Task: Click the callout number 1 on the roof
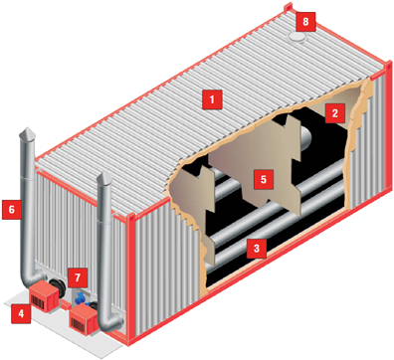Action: click(212, 98)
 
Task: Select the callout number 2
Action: click(335, 113)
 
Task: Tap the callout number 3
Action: click(257, 248)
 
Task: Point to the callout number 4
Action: click(21, 313)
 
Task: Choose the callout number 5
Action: click(264, 179)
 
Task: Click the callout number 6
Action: click(12, 210)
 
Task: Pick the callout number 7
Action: click(78, 277)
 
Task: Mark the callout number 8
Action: click(305, 22)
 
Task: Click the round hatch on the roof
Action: click(298, 37)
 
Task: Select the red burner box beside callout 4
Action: click(44, 297)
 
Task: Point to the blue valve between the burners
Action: click(81, 297)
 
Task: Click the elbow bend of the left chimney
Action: click(33, 279)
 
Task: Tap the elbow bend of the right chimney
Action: click(111, 324)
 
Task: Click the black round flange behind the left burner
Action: click(57, 284)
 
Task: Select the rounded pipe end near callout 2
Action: click(305, 136)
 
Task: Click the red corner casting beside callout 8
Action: click(288, 7)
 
